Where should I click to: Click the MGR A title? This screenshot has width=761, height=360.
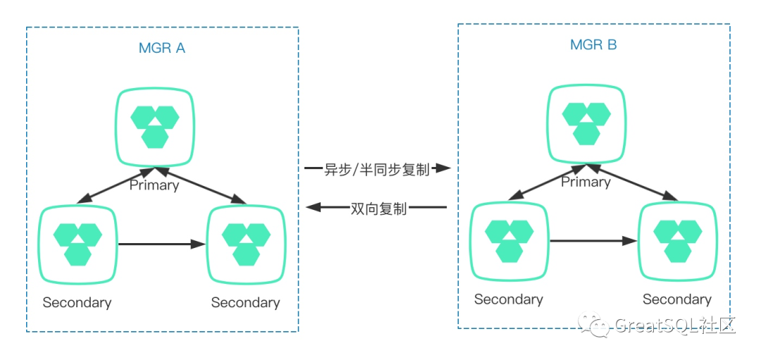[x=162, y=49]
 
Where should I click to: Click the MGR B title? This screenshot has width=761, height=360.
[x=593, y=45]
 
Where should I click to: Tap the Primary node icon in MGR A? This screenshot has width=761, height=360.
[x=155, y=127]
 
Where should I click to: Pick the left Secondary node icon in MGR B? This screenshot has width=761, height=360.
[x=509, y=241]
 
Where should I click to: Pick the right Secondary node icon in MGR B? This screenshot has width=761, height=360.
[x=678, y=241]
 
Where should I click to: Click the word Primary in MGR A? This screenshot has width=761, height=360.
[x=154, y=185]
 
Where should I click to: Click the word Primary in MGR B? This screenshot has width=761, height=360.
[x=586, y=182]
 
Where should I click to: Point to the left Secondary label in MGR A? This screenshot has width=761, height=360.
[x=78, y=302]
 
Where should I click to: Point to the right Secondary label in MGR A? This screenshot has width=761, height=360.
[x=246, y=302]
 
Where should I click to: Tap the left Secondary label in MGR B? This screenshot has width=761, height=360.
[x=509, y=299]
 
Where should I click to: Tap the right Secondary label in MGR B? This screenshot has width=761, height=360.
[x=677, y=299]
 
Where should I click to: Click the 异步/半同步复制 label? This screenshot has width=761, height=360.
[x=376, y=169]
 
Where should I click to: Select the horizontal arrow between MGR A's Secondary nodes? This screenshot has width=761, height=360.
[x=163, y=244]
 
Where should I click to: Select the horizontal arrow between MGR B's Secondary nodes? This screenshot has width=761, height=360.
[x=594, y=241]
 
